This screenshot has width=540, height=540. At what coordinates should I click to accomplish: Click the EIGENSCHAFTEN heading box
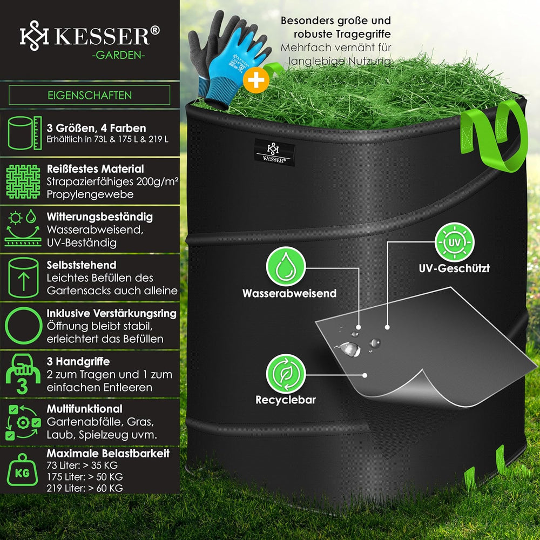click(x=90, y=95)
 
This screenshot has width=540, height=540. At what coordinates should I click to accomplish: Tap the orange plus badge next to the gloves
click(x=256, y=80)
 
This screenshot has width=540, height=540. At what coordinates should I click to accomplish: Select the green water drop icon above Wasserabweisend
click(x=286, y=267)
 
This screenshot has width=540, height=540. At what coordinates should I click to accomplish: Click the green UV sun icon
click(x=454, y=242)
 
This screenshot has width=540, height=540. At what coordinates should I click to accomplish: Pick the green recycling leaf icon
click(x=286, y=374)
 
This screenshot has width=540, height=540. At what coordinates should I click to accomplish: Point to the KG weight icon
click(x=22, y=470)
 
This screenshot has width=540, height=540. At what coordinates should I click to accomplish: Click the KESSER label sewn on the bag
click(x=274, y=152)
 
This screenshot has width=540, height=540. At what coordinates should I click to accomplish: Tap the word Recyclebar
click(x=286, y=400)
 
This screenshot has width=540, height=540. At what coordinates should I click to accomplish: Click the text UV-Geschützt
click(x=454, y=268)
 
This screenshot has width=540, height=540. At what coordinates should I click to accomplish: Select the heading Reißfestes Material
click(x=96, y=168)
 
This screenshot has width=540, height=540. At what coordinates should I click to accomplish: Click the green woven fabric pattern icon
click(x=23, y=181)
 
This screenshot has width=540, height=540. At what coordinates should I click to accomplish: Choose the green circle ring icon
click(x=23, y=326)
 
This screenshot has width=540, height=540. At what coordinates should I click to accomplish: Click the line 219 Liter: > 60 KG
click(x=85, y=488)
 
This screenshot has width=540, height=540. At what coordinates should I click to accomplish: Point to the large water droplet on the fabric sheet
click(x=349, y=349)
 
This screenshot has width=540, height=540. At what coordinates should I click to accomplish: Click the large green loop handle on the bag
click(x=496, y=136)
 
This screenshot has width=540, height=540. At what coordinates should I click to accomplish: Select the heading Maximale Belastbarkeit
click(x=108, y=453)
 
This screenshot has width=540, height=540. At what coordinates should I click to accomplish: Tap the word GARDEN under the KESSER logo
click(x=118, y=55)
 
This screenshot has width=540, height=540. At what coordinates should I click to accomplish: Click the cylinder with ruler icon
click(x=24, y=133)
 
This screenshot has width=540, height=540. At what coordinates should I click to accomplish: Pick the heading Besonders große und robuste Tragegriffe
click(x=336, y=27)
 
